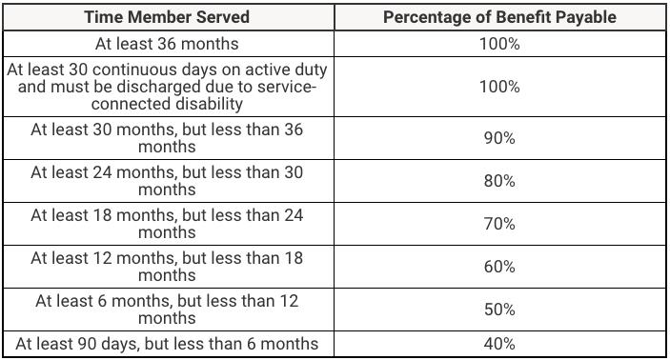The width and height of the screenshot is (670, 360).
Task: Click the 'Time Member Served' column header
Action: point(167,17)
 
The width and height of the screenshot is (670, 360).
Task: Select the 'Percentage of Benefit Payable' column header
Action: point(499,17)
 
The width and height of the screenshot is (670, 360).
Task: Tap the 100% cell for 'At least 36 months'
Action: point(499,44)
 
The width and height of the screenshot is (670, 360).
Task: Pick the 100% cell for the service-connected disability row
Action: point(499,87)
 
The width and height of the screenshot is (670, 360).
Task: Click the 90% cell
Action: point(499,138)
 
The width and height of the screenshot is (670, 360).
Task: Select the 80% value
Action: point(499,181)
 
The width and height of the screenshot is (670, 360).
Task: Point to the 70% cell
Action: point(499,224)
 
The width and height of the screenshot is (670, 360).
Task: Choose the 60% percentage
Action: point(499,267)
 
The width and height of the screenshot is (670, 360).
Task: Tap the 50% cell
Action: point(499,310)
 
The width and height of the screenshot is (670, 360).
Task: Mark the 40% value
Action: point(499,344)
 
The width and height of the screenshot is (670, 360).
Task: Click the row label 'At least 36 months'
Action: point(167,44)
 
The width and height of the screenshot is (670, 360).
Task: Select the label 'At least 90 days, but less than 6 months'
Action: point(167,344)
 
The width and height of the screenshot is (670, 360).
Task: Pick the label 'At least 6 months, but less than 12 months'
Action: point(167,310)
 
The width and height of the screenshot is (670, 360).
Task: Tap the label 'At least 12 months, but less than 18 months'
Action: point(167,267)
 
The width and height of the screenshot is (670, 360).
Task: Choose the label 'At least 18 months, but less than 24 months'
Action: point(167,224)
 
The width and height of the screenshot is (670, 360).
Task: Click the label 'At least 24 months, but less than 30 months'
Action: point(167,181)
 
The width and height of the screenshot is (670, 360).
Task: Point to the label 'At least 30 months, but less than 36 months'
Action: point(167,138)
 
